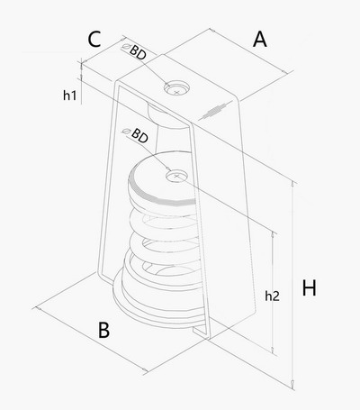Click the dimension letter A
pyautogui.click(x=260, y=40)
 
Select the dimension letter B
pyautogui.click(x=103, y=330)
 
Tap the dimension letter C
pyautogui.click(x=94, y=40)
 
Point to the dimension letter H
pyautogui.click(x=309, y=287)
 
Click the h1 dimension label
pyautogui.click(x=69, y=96)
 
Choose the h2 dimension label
pyautogui.click(x=272, y=296)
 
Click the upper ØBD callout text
pyautogui.click(x=134, y=51)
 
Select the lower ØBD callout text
pyautogui.click(x=136, y=135)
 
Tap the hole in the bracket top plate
pyautogui.click(x=176, y=87)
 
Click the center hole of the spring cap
pyautogui.click(x=176, y=176)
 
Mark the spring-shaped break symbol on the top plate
pyautogui.click(x=215, y=111)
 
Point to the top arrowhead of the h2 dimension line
pyautogui.click(x=273, y=235)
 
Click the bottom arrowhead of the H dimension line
pyautogui.click(x=292, y=383)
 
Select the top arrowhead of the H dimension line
pyautogui.click(x=292, y=185)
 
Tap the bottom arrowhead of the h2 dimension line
pyautogui.click(x=273, y=350)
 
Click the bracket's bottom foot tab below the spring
pyautogui.click(x=202, y=333)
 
